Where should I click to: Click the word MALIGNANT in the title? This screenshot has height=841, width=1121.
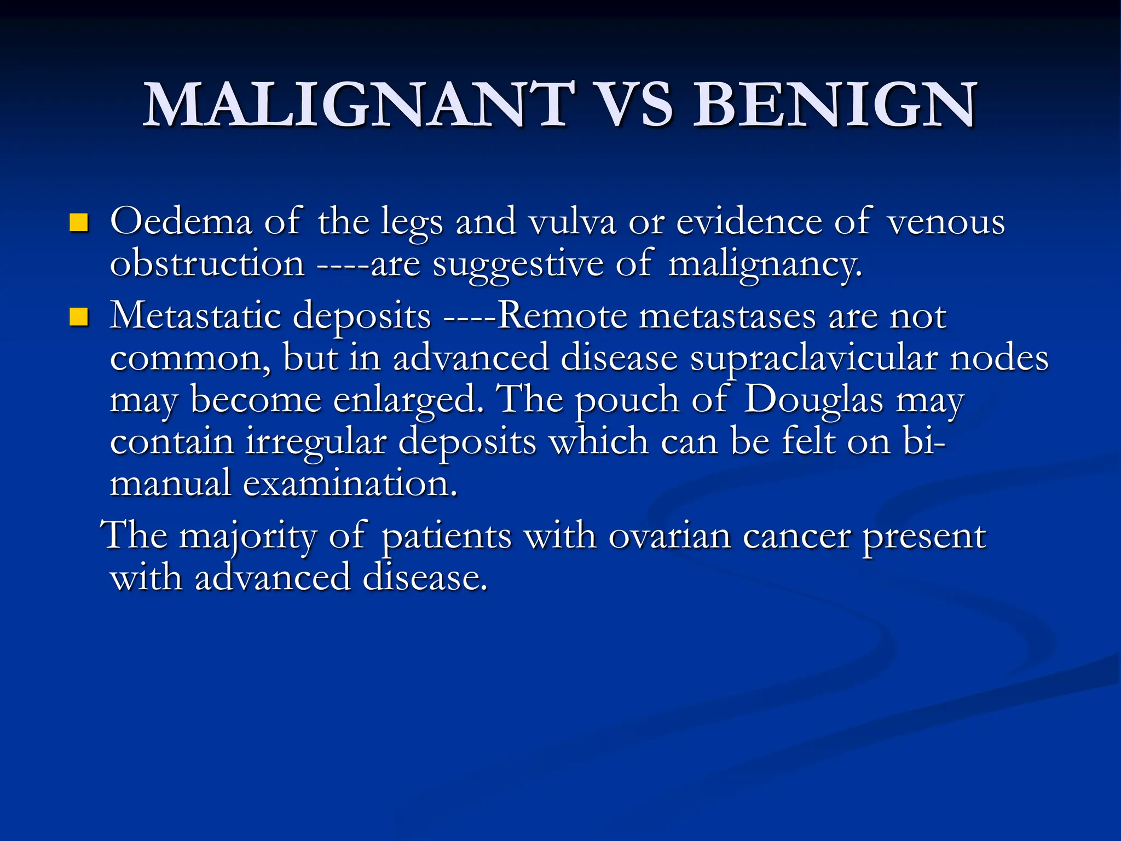tap(359, 105)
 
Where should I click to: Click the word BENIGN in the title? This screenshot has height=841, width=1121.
tap(834, 105)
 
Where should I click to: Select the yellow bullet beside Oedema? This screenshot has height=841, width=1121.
tap(79, 223)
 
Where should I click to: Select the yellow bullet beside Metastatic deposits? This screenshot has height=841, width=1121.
tap(79, 317)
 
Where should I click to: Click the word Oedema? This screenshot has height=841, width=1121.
tap(181, 222)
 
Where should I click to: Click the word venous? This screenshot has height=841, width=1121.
tap(946, 222)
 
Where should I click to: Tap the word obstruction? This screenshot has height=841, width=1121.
tap(207, 264)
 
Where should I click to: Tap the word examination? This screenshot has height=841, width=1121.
tap(350, 484)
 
